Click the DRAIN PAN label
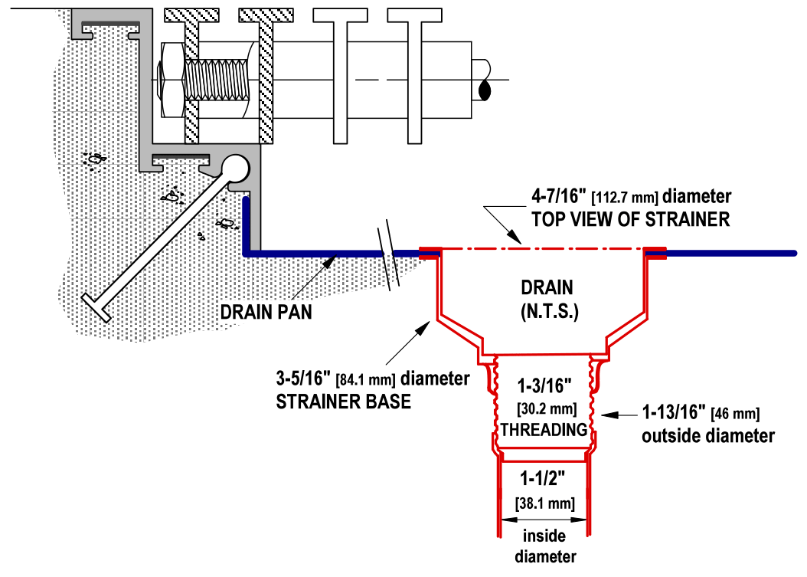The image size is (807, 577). (x=266, y=313)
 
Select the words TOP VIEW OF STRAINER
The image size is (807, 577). (x=630, y=219)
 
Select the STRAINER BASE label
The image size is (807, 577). (x=342, y=402)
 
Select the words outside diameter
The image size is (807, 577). (x=708, y=436)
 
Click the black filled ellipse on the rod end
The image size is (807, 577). (x=484, y=90)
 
